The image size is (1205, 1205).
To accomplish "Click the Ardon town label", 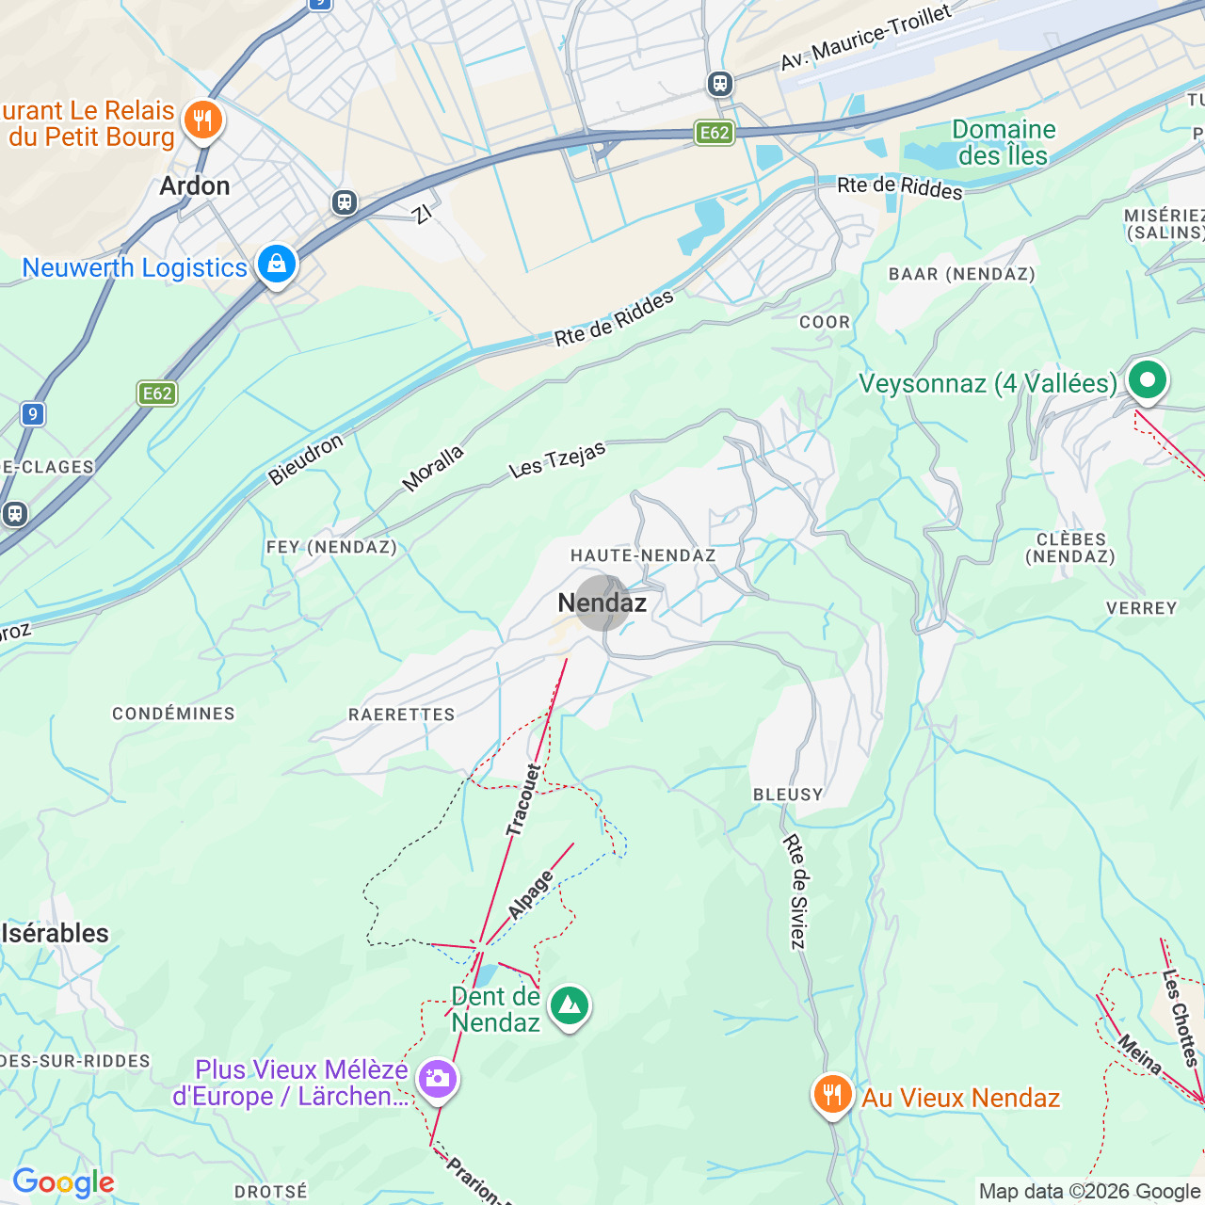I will [195, 185].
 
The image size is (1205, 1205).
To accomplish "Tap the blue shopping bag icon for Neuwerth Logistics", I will [276, 265].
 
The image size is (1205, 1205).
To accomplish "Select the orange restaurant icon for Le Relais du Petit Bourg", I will [202, 121].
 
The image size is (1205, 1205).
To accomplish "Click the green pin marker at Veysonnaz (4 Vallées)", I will [1147, 381].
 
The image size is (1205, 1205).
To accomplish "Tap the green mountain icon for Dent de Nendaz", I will [569, 1006].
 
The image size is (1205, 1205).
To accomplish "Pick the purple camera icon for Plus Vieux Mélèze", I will [438, 1079].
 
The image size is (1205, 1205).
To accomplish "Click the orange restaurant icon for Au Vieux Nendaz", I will [832, 1096].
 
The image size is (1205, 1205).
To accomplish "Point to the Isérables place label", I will [56, 933].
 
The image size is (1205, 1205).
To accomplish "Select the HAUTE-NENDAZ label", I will [643, 555].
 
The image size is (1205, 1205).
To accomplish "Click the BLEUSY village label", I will [788, 795].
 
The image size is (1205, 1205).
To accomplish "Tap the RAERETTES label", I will [402, 715].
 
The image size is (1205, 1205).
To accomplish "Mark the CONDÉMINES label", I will [173, 714].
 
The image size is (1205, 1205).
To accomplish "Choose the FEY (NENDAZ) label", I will [331, 547].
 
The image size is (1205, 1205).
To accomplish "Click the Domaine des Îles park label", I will [1004, 142].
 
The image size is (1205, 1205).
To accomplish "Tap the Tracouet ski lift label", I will [523, 800].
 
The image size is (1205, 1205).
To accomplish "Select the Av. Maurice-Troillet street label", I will [865, 38].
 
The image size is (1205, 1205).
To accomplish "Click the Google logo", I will [63, 1182].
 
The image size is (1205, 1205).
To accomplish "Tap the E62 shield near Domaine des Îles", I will [715, 133].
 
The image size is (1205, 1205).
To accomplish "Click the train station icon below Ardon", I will [345, 202].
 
